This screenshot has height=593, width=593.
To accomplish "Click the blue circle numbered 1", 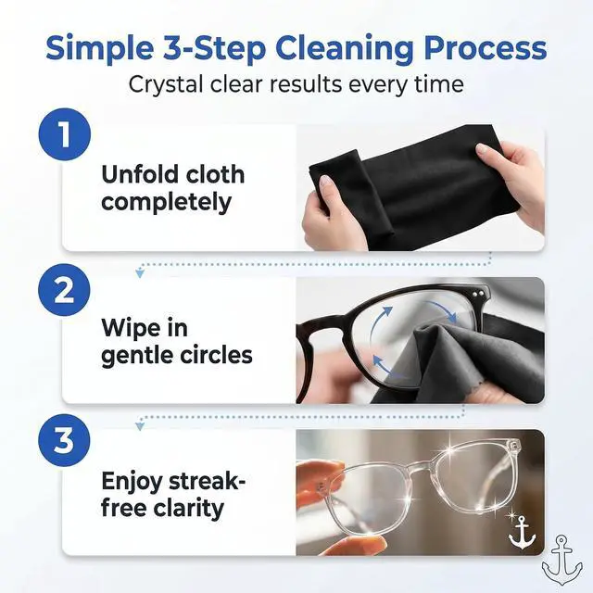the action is [x=65, y=134].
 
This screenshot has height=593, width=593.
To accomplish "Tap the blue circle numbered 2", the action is [x=65, y=290].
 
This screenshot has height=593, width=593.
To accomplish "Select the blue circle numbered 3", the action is [x=65, y=441].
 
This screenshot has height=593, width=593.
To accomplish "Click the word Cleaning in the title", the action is [x=344, y=49].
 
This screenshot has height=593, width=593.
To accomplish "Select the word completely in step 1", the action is [x=167, y=203].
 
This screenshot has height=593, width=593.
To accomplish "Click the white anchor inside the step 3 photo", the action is [x=522, y=533].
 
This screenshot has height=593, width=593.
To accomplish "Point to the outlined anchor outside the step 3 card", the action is [x=562, y=561].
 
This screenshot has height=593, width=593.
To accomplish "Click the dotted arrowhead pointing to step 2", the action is [x=140, y=272].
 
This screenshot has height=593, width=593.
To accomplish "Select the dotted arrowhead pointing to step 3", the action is [x=140, y=426].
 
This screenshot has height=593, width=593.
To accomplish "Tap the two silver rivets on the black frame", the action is [x=477, y=293].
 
